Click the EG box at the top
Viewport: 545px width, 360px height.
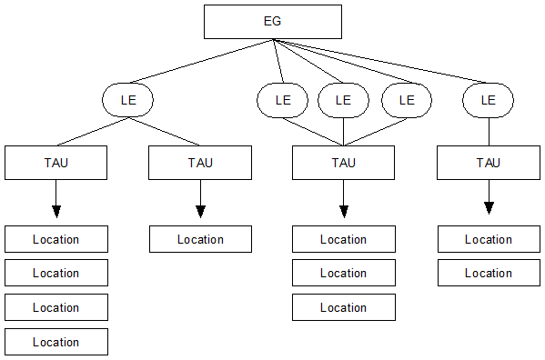273,22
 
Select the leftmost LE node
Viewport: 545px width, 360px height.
126,100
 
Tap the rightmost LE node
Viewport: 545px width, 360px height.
489,100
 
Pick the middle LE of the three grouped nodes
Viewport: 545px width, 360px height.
343,100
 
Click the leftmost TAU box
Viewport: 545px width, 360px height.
56,163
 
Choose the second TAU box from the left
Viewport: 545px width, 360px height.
200,163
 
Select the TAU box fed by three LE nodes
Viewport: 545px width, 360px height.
343,163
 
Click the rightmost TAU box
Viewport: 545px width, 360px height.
489,163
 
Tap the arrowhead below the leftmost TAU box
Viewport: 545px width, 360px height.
56,211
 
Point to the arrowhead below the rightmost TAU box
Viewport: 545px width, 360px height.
489,208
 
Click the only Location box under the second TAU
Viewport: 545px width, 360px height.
200,239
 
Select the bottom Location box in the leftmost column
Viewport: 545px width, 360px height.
56,342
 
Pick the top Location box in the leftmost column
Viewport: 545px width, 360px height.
56,239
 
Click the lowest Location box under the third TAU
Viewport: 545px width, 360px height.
343,307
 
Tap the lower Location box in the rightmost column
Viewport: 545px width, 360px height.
489,273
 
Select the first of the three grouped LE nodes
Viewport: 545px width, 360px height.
283,100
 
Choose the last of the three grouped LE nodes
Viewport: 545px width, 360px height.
406,100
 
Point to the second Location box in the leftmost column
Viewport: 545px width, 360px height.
56,273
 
